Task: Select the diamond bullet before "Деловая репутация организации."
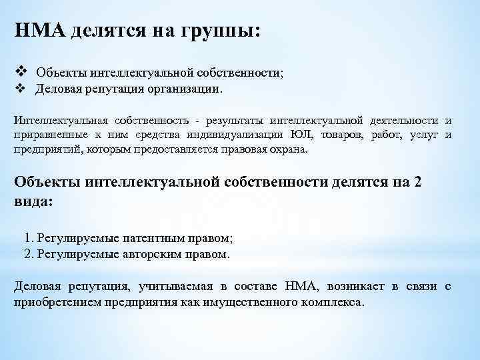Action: (x=19, y=87)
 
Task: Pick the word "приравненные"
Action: (x=47, y=135)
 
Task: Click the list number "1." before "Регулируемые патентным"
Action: (x=29, y=238)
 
